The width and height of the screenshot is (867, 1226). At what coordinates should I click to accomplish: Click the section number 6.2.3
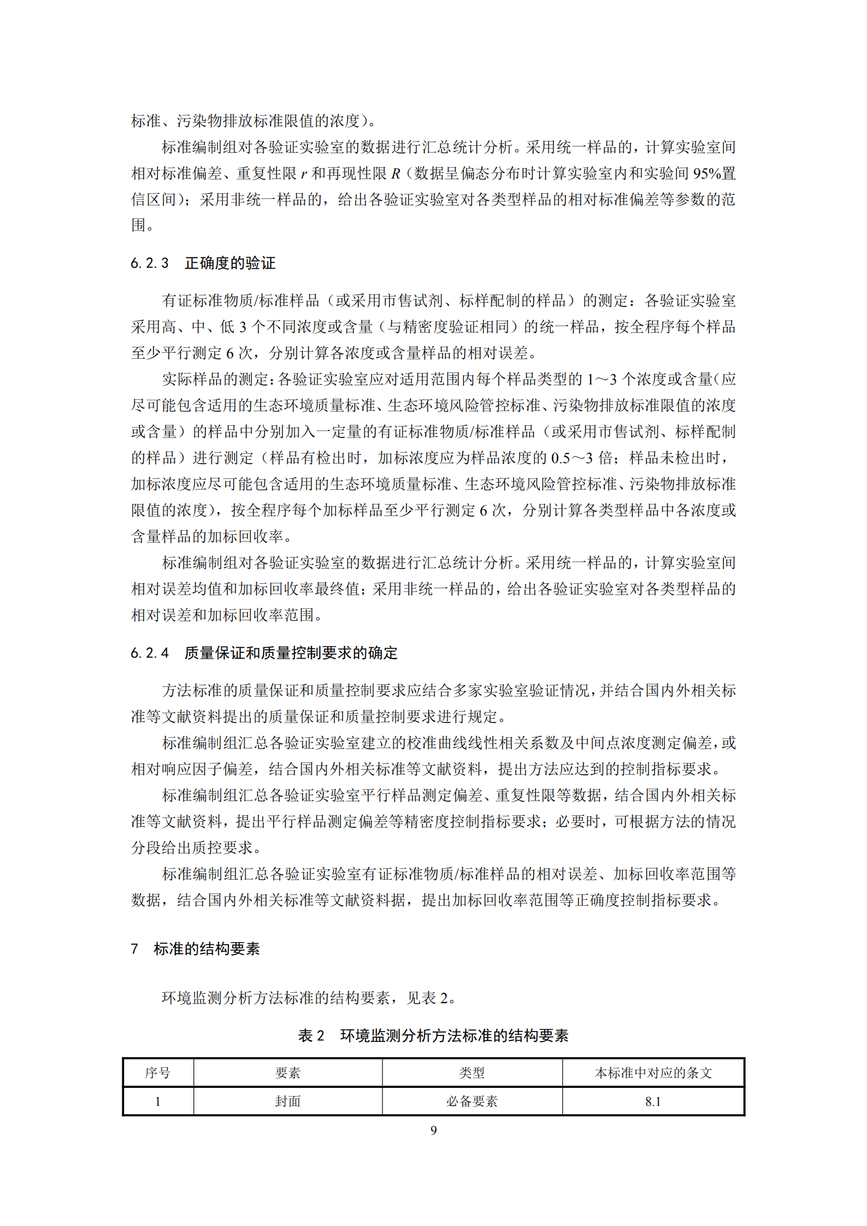coord(149,263)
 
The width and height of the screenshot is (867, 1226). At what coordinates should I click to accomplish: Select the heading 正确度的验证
coord(230,263)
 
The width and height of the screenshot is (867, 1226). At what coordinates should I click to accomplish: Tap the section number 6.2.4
coord(149,653)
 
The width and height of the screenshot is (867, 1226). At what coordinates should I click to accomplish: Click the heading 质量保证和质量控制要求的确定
coord(291,653)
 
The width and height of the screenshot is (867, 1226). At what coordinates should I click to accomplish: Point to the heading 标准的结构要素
coord(207,949)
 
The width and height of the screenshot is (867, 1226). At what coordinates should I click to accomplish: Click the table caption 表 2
coord(311,1035)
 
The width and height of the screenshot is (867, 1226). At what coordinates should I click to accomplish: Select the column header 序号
coord(158,1073)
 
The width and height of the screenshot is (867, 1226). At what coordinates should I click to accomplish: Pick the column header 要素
coord(288,1073)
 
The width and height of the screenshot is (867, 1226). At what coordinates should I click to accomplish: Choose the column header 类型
coord(472,1073)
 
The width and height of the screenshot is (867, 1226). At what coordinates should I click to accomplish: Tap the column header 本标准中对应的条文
coord(653,1073)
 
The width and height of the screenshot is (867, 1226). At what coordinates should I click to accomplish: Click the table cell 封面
coord(288,1101)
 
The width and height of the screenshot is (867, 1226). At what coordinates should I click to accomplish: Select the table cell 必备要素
coord(472,1101)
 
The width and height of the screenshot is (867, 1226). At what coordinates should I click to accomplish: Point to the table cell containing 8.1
coord(653,1101)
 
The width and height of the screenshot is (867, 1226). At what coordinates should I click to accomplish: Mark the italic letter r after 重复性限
coord(304,174)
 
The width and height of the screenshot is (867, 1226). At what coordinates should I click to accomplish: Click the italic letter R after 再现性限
coord(396,174)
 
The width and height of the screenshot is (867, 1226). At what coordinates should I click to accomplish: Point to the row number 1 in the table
coord(158,1101)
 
